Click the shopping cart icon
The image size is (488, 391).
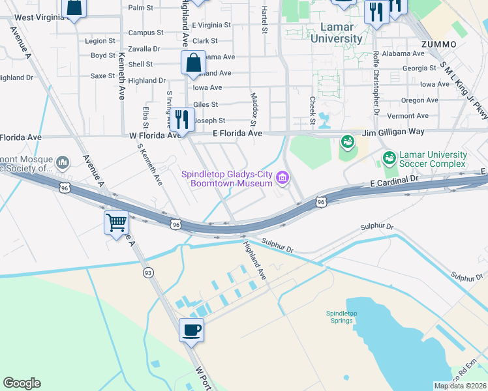[x=116, y=223]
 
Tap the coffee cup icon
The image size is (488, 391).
[x=191, y=330]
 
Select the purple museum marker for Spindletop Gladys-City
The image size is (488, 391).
[x=282, y=177]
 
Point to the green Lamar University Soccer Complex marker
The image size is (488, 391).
[x=389, y=158]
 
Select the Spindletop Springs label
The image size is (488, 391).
[x=342, y=317]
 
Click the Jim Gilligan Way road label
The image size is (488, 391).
[x=393, y=132]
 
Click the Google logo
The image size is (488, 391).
[x=22, y=383]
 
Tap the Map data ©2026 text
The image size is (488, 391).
[x=460, y=386]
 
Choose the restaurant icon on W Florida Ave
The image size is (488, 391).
[x=182, y=120]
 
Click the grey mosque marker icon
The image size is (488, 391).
[x=63, y=162]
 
